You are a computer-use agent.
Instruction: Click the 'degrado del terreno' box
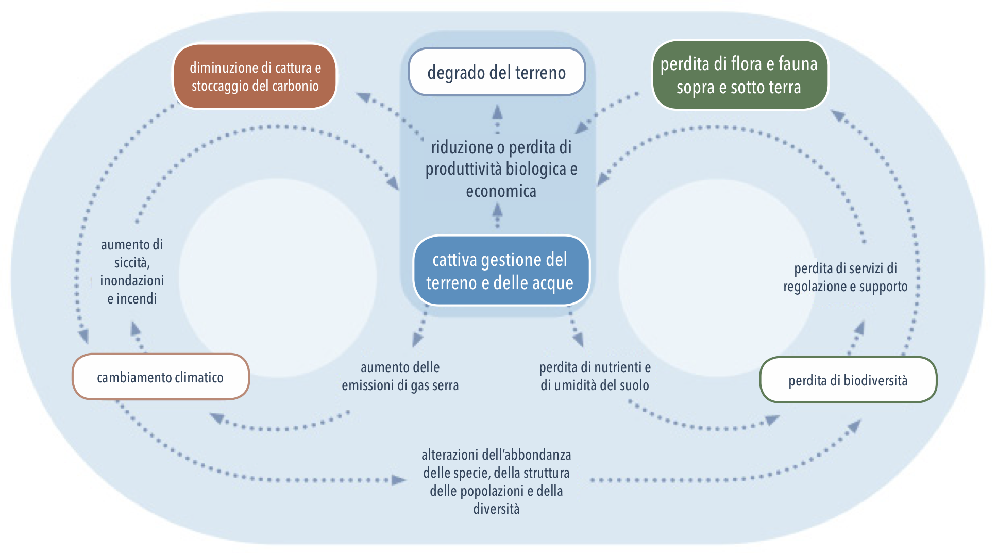point(496,72)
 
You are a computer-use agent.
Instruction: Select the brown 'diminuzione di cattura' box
point(255,76)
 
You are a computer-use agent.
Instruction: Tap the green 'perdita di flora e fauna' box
point(739,75)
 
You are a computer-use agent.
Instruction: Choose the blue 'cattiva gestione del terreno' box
point(500,271)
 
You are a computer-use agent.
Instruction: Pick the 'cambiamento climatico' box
point(160,377)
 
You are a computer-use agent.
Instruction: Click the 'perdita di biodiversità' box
point(848,380)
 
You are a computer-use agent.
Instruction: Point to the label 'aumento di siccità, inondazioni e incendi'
point(132,272)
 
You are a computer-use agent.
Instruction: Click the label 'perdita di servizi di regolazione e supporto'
point(846,277)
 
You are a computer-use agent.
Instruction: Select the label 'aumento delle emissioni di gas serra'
point(400,376)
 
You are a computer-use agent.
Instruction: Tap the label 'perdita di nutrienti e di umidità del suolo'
point(595,376)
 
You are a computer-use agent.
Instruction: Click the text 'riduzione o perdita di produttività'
point(501,158)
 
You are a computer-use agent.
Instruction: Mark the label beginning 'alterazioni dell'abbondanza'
point(496,481)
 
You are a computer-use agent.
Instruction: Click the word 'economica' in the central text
point(501,191)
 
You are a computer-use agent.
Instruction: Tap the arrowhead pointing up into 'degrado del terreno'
point(497,112)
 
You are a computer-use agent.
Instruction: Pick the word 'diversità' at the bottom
point(496,509)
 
